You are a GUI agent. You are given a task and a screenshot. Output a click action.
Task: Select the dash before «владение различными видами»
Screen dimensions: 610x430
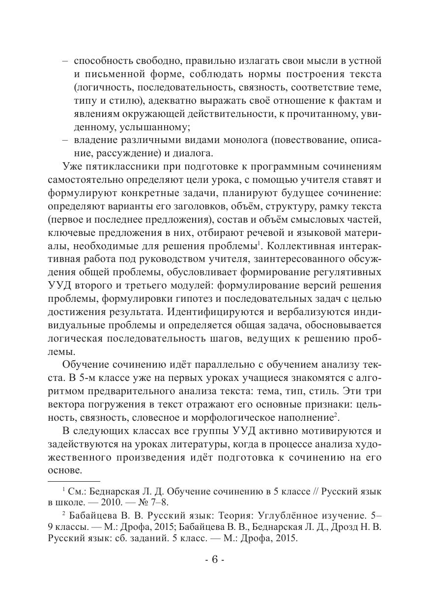click(x=65, y=141)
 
